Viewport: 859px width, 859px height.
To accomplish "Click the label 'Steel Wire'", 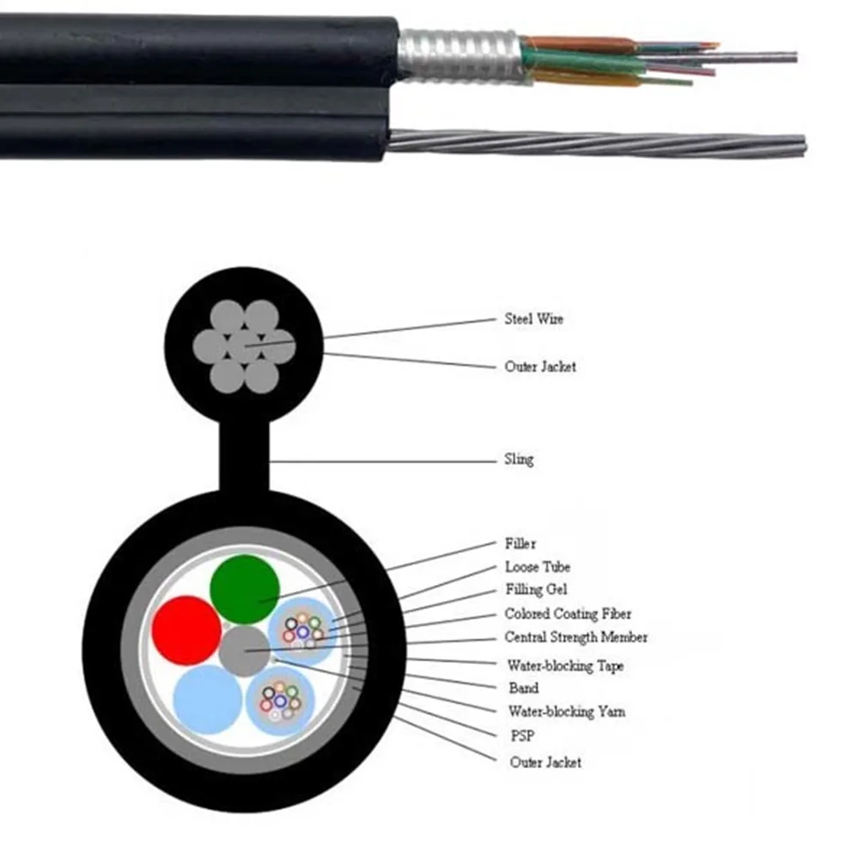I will click(x=533, y=320).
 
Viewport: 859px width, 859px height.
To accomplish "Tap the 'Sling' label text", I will click(x=519, y=459).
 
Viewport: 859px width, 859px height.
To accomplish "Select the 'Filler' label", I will click(x=521, y=544).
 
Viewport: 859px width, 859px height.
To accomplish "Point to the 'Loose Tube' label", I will click(x=537, y=567).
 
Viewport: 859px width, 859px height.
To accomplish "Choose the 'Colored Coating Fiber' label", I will click(x=568, y=614).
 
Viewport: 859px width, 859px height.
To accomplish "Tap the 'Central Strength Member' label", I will click(x=576, y=637).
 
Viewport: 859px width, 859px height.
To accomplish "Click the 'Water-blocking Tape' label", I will click(x=565, y=666).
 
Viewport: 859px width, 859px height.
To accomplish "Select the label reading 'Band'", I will click(x=523, y=688).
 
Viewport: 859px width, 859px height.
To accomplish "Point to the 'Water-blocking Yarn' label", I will click(x=566, y=711).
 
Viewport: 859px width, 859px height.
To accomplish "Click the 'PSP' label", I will click(x=522, y=735).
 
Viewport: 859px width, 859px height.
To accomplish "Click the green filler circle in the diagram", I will click(x=245, y=589).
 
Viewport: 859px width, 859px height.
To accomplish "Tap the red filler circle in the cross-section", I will click(x=187, y=630).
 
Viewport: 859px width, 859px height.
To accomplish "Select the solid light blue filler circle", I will click(x=208, y=699).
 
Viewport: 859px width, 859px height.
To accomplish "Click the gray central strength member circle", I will click(x=245, y=651).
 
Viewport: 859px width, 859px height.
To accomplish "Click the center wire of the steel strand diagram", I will click(x=245, y=346).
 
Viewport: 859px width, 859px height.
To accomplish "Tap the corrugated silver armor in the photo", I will click(x=460, y=56).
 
